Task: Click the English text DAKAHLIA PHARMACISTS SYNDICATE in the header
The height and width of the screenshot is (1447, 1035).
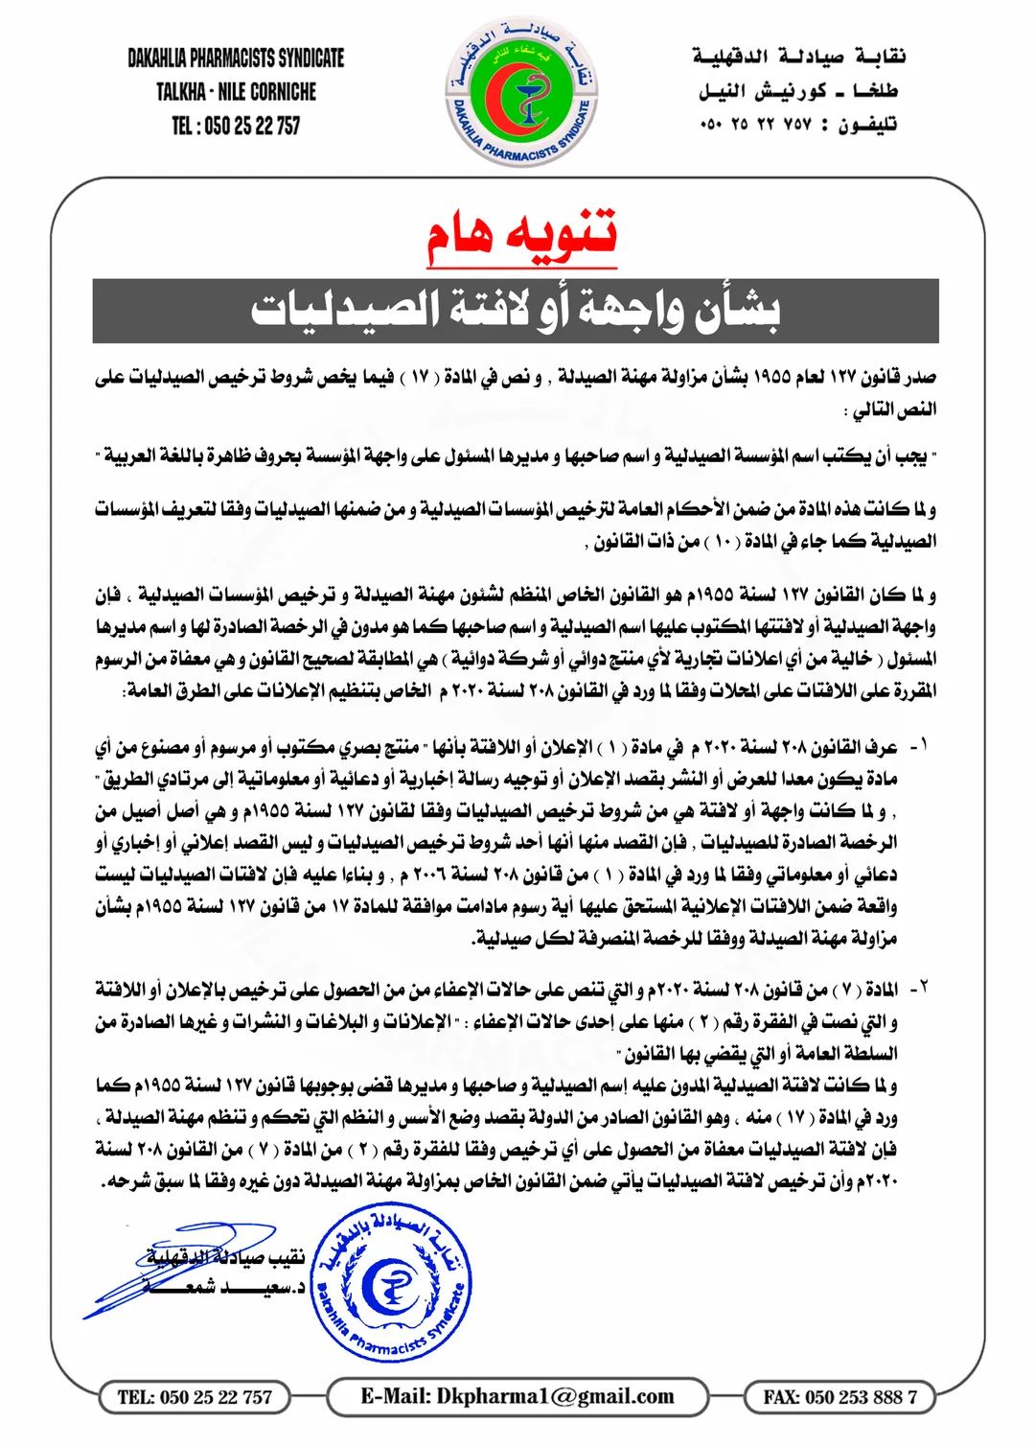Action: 236,58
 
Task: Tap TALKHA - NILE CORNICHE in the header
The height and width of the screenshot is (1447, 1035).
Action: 236,92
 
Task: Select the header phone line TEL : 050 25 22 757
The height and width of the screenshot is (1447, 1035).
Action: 236,126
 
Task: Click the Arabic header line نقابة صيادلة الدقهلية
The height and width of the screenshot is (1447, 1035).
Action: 800,58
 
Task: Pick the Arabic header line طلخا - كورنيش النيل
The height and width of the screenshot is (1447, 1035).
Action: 798,92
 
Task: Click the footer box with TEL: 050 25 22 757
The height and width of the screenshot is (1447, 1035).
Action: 195,1397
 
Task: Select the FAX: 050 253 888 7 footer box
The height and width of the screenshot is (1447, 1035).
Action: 839,1397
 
